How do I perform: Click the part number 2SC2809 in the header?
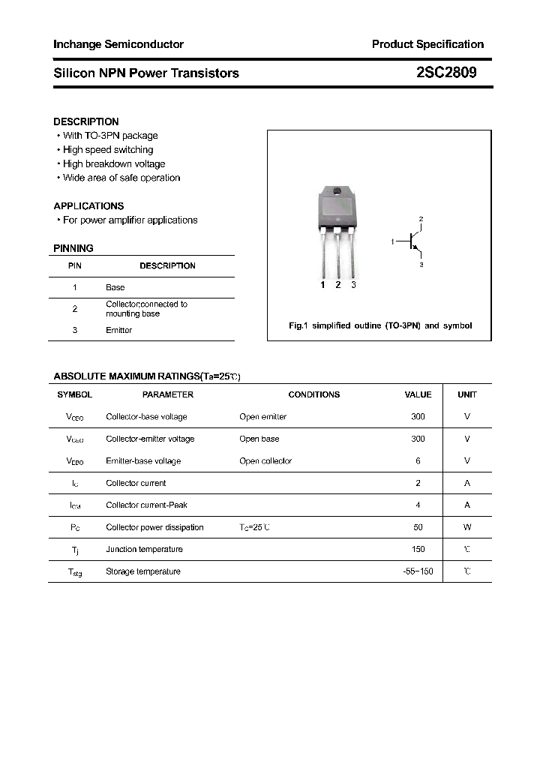445,73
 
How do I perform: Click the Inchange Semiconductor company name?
118,44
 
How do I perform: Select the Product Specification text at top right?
427,44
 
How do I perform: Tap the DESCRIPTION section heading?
85,121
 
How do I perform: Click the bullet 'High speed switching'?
107,150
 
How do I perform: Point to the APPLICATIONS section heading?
88,205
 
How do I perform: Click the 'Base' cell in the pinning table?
115,287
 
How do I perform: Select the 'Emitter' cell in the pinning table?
118,330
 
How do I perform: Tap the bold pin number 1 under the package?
322,285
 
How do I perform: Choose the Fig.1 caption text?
380,326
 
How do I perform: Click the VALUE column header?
418,394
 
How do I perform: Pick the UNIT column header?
467,394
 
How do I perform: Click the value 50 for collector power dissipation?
418,527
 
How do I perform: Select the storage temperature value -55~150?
418,571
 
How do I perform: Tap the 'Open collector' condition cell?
265,461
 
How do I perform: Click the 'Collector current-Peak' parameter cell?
147,505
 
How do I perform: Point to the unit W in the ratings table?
467,527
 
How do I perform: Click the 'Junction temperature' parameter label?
144,550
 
